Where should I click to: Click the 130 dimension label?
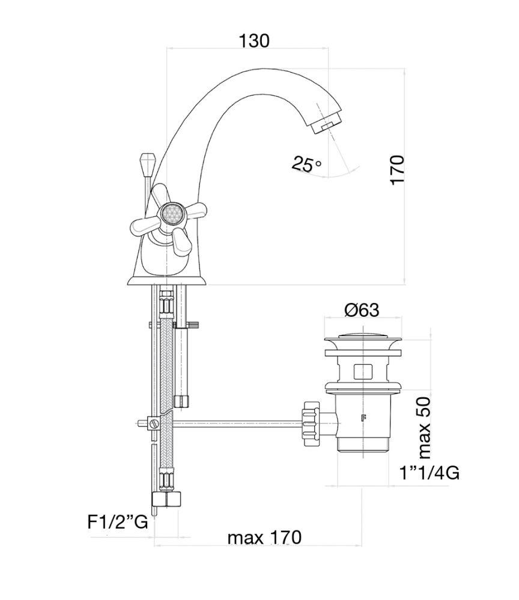coord(254,41)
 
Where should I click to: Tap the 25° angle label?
coord(307,163)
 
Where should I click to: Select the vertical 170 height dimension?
coord(398,170)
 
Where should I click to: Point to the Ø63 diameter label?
coord(362,310)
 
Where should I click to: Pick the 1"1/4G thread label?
coord(429,473)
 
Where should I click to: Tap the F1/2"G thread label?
coord(118,522)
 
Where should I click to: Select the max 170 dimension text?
coord(264,537)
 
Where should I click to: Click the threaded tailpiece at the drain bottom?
coord(362,443)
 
